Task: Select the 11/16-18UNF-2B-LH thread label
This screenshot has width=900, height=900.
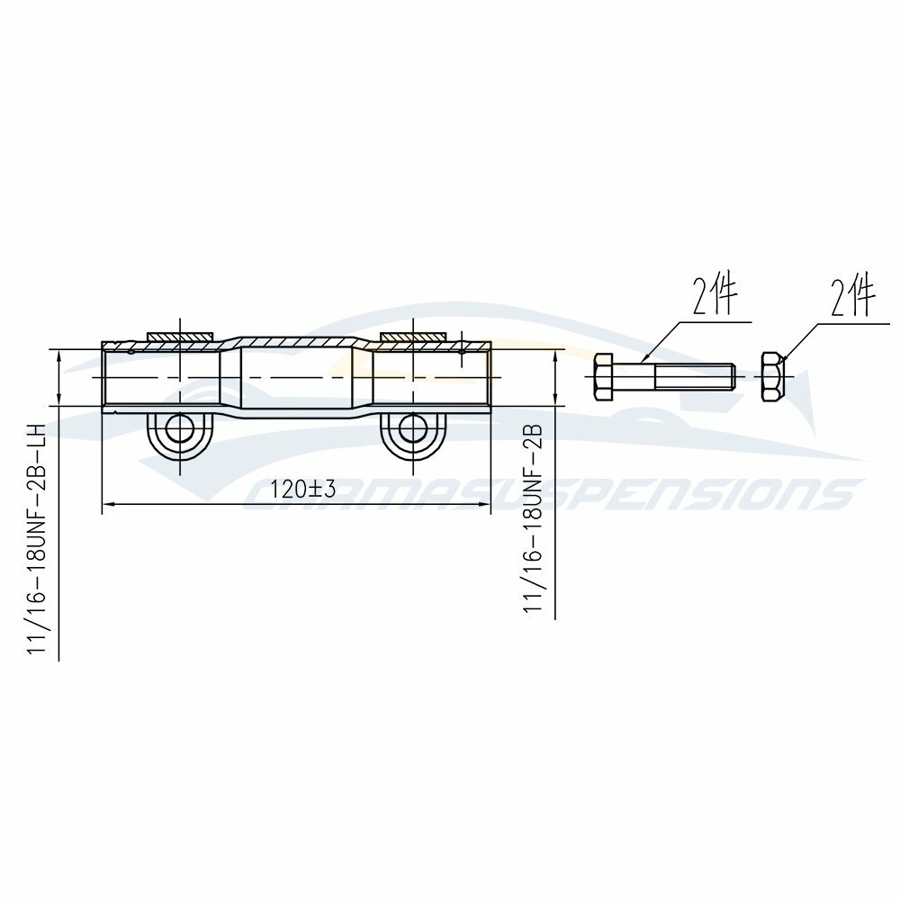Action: tap(36, 539)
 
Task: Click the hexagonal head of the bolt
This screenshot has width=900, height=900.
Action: tap(605, 376)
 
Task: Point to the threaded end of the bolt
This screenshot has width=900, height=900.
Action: tap(695, 376)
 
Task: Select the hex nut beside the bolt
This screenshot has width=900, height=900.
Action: tap(772, 376)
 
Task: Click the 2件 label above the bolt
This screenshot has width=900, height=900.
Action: tap(714, 296)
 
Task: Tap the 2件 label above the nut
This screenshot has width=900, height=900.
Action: tap(853, 297)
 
